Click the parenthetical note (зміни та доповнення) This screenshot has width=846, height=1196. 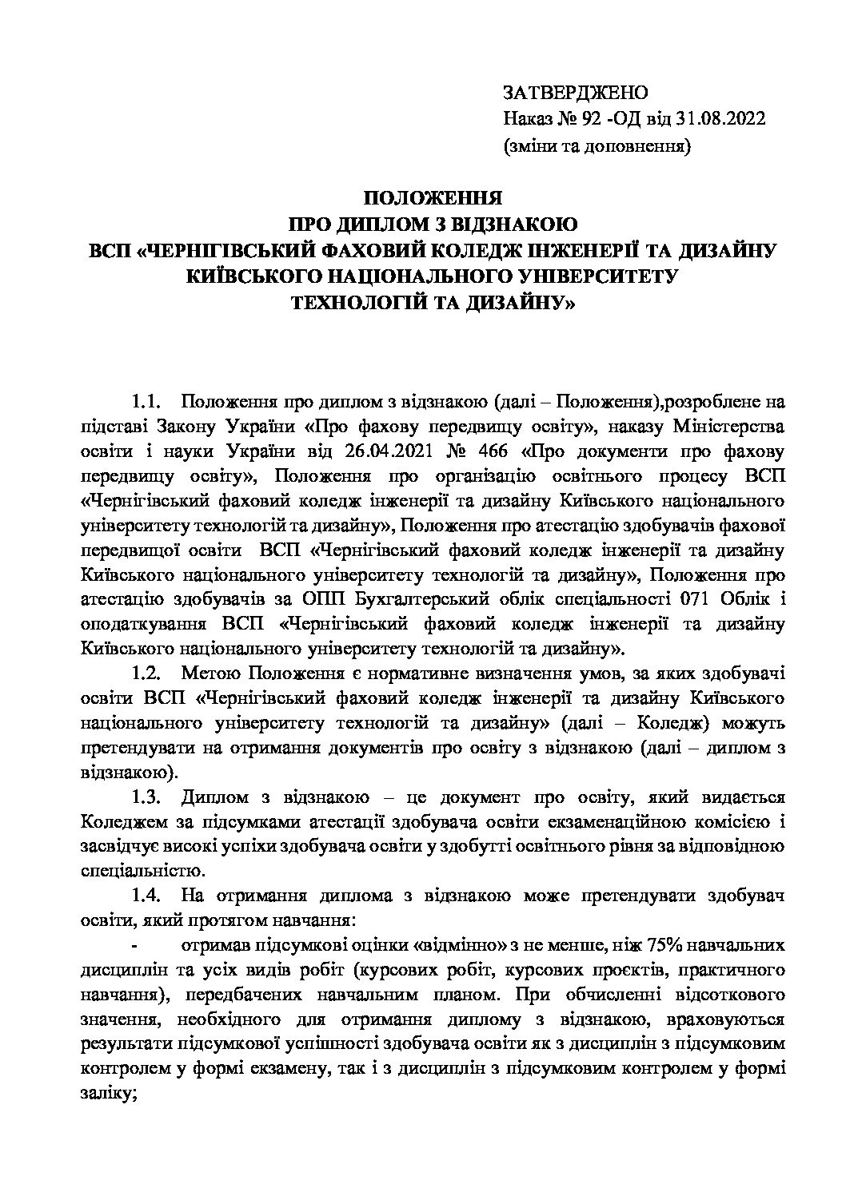[x=597, y=145]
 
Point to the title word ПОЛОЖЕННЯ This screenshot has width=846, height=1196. [x=433, y=198]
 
